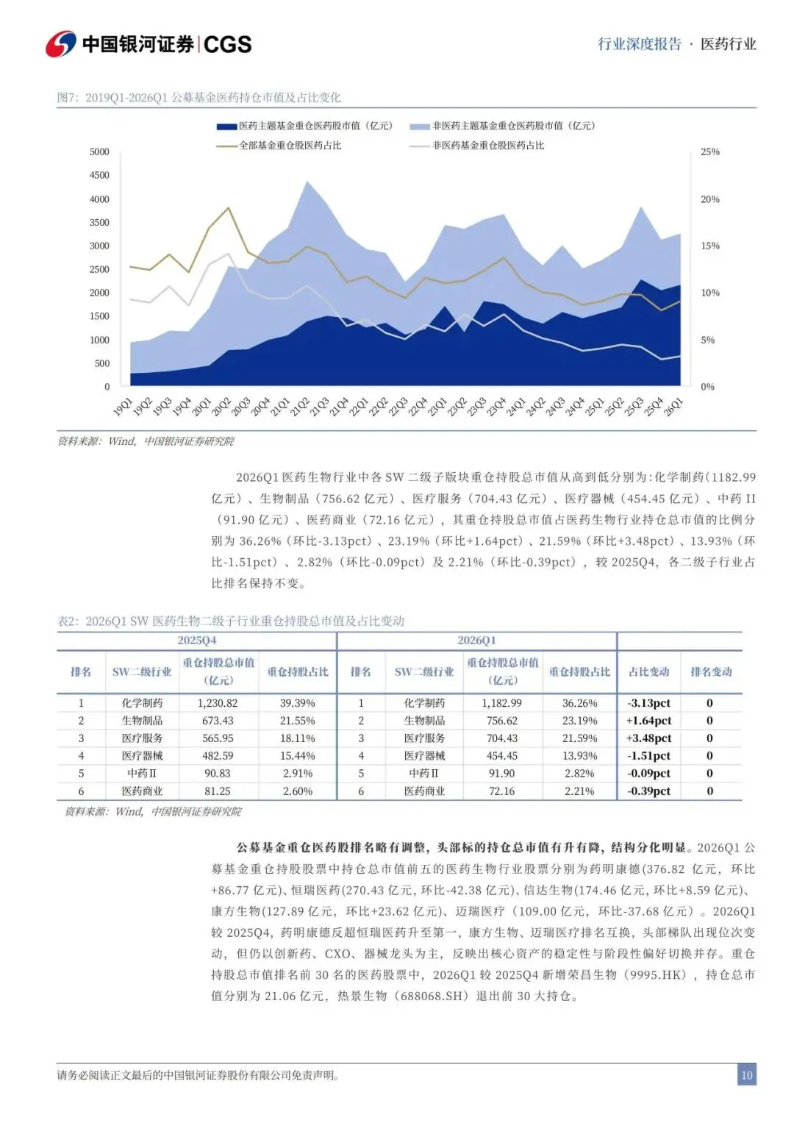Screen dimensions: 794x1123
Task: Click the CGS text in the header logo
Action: point(228,45)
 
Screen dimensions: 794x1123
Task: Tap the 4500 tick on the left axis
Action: point(99,175)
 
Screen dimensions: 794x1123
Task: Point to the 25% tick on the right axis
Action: point(709,151)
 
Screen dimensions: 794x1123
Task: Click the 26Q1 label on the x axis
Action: point(673,407)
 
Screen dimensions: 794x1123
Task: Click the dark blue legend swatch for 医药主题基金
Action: point(226,126)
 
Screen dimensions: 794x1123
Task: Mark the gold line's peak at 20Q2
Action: point(229,207)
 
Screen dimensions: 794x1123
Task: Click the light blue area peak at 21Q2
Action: point(307,182)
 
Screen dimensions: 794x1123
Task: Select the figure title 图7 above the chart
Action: point(198,97)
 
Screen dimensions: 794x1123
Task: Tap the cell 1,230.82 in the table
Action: point(218,703)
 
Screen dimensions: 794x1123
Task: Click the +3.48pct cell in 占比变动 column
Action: point(648,738)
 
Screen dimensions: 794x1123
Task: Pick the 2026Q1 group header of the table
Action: point(476,641)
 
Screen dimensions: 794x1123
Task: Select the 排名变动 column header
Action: point(711,671)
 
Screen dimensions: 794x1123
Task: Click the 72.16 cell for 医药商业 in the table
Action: point(501,791)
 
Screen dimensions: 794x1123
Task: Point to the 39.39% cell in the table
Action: point(297,703)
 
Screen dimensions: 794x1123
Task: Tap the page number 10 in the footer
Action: point(746,1075)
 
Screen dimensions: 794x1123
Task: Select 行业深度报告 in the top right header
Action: point(640,44)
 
